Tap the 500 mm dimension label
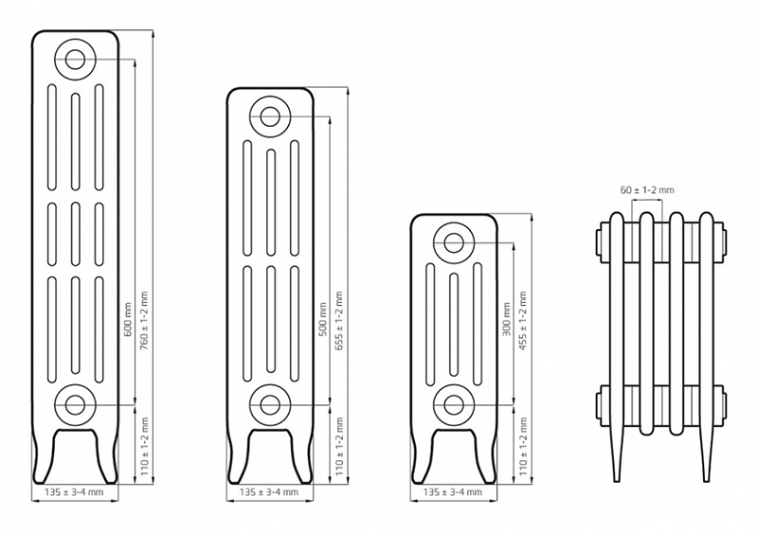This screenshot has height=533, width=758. click(x=323, y=319)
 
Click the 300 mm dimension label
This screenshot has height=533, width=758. click(x=507, y=319)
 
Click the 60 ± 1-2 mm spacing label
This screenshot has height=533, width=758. click(x=647, y=190)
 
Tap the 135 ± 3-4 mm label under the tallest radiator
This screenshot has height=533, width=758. click(x=74, y=492)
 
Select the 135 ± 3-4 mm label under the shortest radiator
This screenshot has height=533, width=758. click(x=453, y=492)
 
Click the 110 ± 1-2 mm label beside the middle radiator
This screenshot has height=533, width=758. click(x=339, y=447)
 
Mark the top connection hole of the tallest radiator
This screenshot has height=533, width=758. click(x=76, y=60)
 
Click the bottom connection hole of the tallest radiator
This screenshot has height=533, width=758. click(x=75, y=404)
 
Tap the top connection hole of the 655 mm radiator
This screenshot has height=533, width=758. click(x=270, y=116)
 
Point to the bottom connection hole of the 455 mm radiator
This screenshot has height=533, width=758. click(x=454, y=404)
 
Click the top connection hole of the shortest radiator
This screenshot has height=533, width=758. click(x=454, y=243)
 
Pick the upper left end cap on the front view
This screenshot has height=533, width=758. click(x=601, y=241)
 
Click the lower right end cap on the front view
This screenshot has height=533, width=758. click(x=716, y=406)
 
